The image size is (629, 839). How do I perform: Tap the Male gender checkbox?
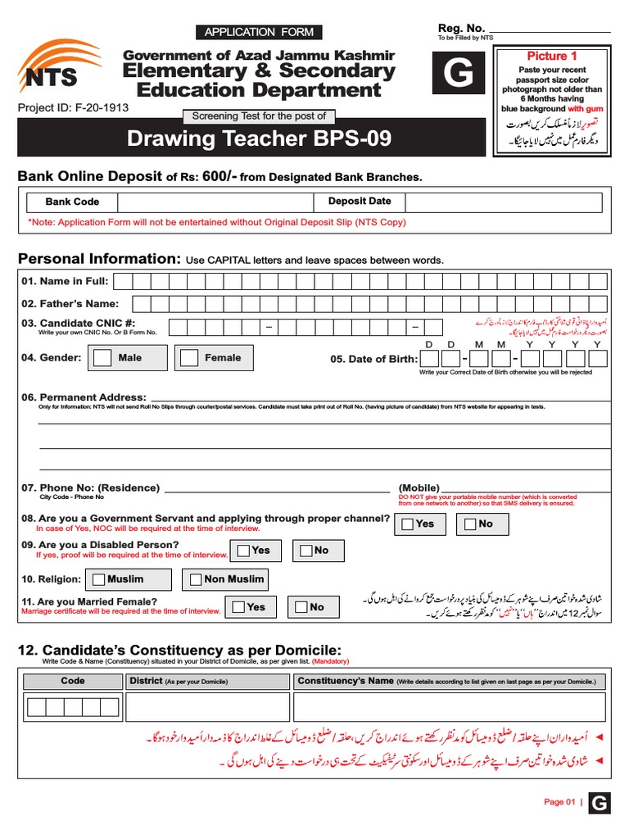103,358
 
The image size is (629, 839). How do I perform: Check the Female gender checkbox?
189,358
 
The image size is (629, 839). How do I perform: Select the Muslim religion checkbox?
99,580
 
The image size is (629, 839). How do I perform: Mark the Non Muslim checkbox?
195,580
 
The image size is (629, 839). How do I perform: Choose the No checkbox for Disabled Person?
305,551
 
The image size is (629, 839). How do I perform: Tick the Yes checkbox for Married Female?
238,607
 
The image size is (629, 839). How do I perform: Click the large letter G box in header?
458,75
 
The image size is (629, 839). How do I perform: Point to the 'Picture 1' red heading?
551,56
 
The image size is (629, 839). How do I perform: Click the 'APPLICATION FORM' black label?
258,32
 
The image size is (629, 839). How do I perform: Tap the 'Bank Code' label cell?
72,202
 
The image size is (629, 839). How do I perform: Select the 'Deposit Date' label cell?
360,202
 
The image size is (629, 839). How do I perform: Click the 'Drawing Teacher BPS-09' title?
259,139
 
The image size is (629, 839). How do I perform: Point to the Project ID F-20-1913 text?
73,107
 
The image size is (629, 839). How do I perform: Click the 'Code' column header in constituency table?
72,681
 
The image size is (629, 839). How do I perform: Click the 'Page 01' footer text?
559,802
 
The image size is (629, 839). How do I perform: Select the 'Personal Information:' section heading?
99,259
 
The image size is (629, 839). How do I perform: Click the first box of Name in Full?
122,282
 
